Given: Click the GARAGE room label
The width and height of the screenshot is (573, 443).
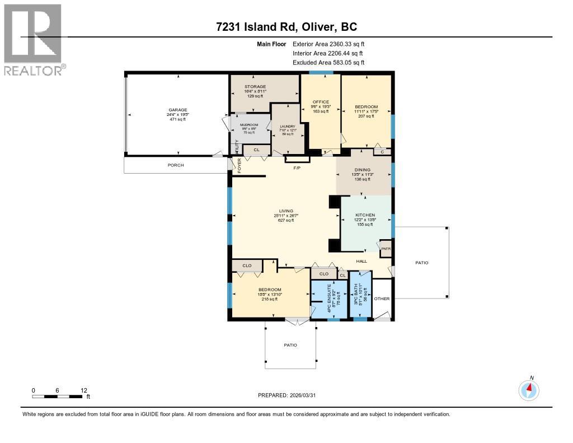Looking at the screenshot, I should click(178, 110).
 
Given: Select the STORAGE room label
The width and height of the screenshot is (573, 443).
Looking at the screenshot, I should click(255, 87).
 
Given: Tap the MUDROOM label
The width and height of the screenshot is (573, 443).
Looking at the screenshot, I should click(249, 125).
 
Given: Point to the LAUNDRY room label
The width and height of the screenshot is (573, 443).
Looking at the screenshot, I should click(287, 127).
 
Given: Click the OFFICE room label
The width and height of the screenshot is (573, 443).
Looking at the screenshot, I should click(321, 102).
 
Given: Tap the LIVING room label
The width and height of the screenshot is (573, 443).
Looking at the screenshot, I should click(286, 211).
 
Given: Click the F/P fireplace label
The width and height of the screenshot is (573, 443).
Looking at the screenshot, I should click(297, 167).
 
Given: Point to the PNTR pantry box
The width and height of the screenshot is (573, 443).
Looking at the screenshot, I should click(386, 249).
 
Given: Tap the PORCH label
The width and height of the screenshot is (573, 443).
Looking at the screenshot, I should click(176, 165).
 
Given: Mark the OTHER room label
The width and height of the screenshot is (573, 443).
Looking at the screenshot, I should click(382, 299).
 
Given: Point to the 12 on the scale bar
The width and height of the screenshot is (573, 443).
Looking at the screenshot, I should click(83, 390).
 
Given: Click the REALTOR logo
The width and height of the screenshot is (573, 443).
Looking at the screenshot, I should click(33, 39).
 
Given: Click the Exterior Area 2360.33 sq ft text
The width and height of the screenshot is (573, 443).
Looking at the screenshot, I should click(328, 44).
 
